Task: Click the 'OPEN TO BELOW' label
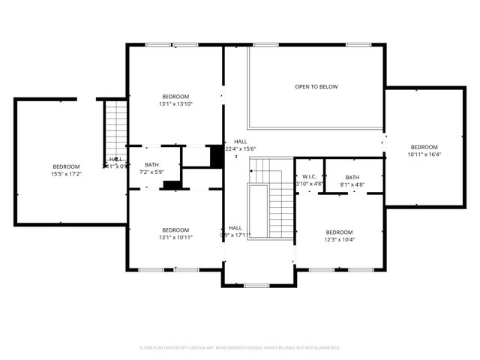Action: (316, 87)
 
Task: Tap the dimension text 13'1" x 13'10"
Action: (175, 104)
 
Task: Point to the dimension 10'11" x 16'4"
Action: (424, 154)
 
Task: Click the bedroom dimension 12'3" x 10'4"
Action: (339, 240)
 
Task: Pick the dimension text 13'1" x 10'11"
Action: (175, 238)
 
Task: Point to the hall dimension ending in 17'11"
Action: (235, 235)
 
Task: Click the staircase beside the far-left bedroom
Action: (115, 123)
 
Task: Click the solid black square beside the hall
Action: (217, 156)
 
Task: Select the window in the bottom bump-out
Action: (256, 285)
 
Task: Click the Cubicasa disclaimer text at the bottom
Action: (240, 348)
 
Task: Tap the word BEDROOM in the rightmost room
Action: (424, 147)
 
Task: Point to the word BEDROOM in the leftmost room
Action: (65, 166)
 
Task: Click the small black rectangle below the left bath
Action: (172, 184)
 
